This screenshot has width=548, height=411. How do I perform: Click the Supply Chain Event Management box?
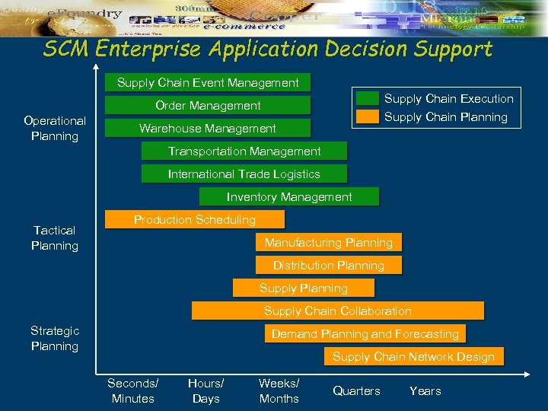(x=208, y=82)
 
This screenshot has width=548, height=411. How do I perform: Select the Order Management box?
(x=208, y=105)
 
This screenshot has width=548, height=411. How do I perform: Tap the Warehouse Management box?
(x=208, y=128)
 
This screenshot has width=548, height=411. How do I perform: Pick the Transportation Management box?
(x=244, y=151)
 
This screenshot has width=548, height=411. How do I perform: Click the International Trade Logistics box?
(x=244, y=174)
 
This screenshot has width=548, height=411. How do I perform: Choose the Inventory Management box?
(x=289, y=196)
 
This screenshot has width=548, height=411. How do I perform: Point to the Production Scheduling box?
(x=195, y=219)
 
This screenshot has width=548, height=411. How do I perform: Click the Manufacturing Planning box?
(x=329, y=242)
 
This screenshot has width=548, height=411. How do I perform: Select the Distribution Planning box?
(x=329, y=265)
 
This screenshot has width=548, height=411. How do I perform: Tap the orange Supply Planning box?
(x=304, y=288)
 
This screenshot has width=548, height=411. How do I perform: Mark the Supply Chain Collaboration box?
(x=338, y=311)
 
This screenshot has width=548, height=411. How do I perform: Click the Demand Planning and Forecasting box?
(x=365, y=333)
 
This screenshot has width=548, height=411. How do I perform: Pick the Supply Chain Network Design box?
(x=413, y=356)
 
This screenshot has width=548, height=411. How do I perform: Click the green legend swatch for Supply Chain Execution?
(x=368, y=98)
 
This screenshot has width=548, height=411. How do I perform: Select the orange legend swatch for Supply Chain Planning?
(x=368, y=116)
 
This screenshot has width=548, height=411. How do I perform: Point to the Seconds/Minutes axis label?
(x=133, y=390)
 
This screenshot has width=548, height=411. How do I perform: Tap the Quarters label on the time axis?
(x=356, y=390)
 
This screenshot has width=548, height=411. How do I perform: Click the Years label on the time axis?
(x=425, y=390)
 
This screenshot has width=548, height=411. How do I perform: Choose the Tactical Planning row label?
(x=55, y=237)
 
